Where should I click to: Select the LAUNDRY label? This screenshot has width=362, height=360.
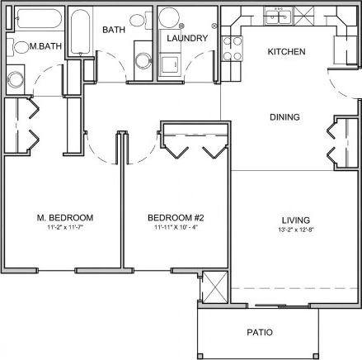click(186, 38)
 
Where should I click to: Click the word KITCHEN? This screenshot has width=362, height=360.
click(287, 52)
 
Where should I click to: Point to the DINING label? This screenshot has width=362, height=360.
click(284, 117)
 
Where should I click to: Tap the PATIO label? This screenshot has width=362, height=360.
click(260, 333)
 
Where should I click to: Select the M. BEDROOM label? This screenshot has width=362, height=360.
click(64, 218)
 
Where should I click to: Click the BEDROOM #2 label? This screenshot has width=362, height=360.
click(175, 218)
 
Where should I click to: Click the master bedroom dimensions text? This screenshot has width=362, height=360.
click(64, 228)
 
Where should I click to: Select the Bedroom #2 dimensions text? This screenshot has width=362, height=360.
click(175, 228)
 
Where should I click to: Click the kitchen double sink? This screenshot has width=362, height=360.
click(275, 13)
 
